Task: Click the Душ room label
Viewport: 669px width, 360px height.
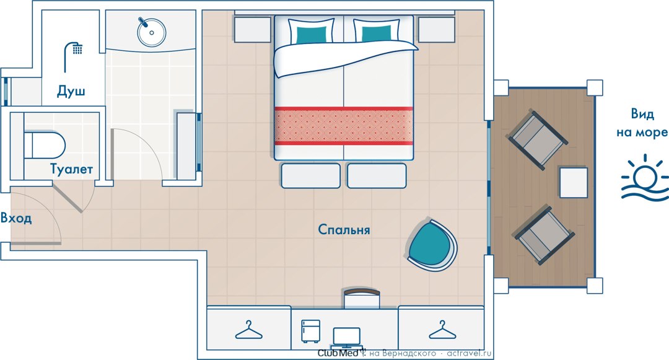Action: pos(71,91)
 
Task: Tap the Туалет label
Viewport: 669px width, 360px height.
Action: pos(72,169)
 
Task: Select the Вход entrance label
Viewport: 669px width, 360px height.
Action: pos(15,218)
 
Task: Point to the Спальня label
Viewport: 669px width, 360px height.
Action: pos(344,229)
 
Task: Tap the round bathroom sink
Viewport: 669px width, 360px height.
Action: pos(152,32)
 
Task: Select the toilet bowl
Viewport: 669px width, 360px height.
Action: pos(45,145)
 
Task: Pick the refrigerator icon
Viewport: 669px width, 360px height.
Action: pos(310,331)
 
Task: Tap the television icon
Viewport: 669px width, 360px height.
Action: pos(347,338)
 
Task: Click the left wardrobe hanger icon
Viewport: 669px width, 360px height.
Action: pos(249,330)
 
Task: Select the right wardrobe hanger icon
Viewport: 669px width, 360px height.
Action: pos(442,330)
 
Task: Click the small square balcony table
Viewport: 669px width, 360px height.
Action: pos(574,183)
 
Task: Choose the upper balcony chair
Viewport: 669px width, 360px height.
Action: pos(538,140)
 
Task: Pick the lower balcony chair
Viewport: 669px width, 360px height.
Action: pos(544,234)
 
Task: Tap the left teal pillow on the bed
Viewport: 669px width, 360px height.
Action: pos(311,35)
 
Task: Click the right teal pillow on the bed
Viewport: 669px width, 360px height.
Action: pos(377,33)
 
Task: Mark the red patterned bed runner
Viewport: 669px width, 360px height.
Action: pos(343,126)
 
